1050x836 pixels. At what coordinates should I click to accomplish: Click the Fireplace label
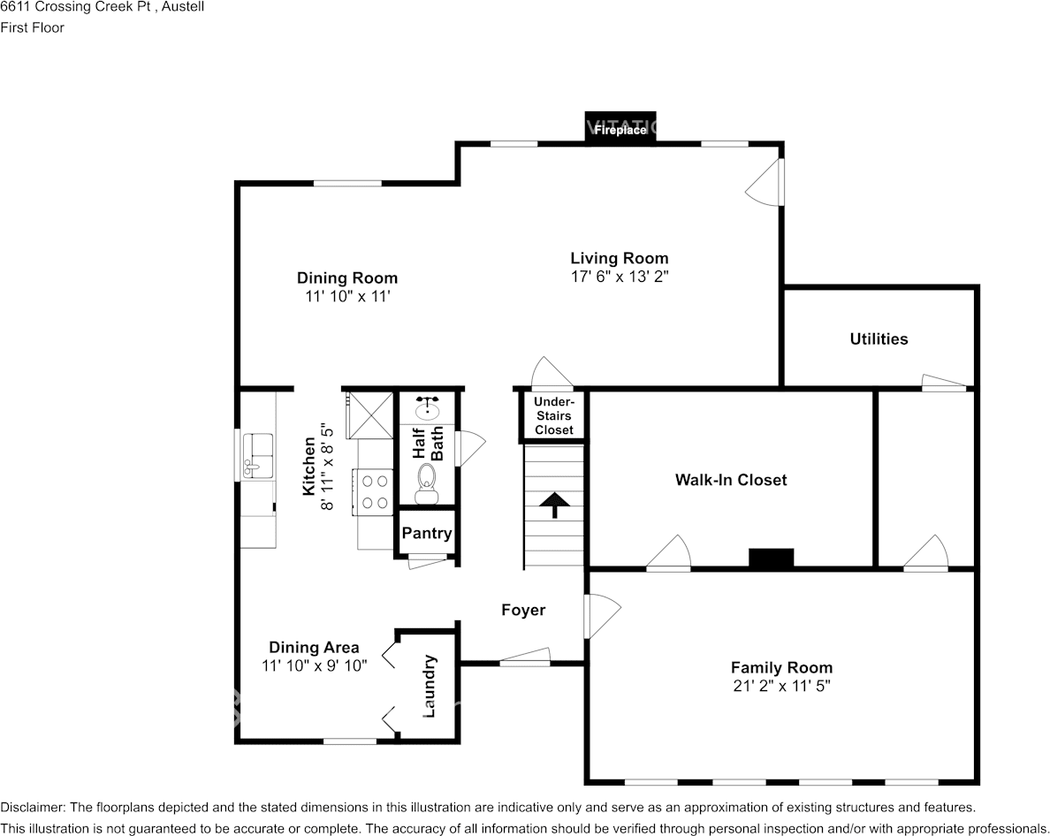[620, 130]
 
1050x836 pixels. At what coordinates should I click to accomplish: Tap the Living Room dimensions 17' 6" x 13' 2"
[620, 277]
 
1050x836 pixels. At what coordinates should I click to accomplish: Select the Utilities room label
[879, 338]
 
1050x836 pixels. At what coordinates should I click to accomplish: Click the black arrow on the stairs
[554, 505]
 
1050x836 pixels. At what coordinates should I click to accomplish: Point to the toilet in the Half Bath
[427, 483]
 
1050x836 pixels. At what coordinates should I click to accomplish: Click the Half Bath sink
[427, 407]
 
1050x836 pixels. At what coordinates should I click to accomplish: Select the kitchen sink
[257, 455]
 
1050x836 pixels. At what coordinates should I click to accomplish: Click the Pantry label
[427, 533]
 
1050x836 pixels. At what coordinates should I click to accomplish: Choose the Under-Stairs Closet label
[554, 415]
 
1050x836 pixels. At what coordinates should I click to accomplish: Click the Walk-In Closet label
[731, 480]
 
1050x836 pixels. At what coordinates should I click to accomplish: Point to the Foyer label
[523, 610]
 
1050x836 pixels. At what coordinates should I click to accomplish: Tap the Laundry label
[429, 686]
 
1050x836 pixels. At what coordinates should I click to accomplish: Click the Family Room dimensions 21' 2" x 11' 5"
[781, 686]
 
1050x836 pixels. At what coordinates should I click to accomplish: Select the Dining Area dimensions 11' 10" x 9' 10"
[314, 665]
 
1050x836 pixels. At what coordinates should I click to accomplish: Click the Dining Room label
[346, 277]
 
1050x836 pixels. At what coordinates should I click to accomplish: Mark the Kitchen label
[308, 466]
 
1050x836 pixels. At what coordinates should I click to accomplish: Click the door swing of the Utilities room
[944, 382]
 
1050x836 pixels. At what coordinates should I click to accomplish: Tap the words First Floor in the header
[32, 27]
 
